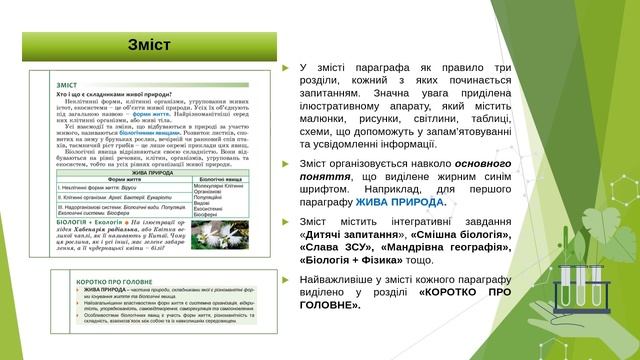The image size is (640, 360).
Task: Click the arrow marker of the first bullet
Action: [287, 67]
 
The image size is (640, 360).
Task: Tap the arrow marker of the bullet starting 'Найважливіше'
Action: [287, 277]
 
